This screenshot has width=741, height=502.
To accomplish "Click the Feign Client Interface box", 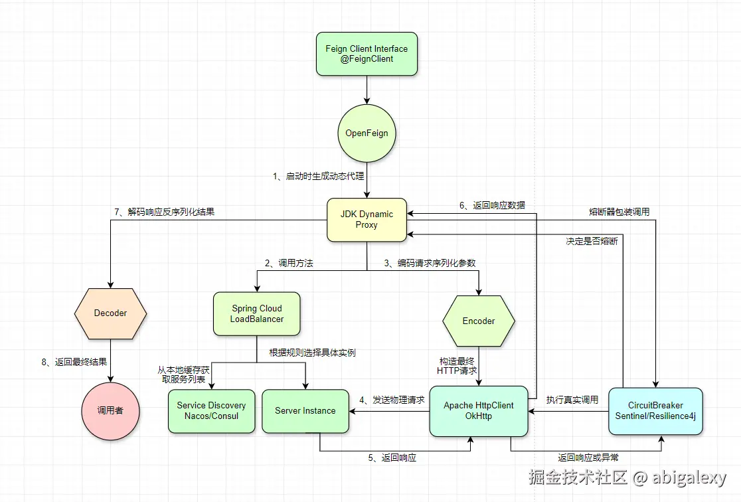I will click(367, 54).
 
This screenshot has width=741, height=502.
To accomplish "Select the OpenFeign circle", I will click(367, 133).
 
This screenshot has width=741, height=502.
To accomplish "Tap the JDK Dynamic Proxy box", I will click(367, 219).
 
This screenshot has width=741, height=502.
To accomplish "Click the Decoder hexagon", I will click(110, 313).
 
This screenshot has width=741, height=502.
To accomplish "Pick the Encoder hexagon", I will click(478, 321).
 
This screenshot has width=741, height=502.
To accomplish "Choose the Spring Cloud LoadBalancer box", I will click(256, 313).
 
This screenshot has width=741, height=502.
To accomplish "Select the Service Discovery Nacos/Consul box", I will click(211, 410).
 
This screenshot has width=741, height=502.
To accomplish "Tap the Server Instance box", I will click(305, 410).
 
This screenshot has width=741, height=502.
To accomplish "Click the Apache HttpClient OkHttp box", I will click(478, 410).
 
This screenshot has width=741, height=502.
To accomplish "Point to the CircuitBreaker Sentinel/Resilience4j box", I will click(655, 410).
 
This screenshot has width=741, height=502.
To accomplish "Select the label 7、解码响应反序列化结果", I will click(164, 212).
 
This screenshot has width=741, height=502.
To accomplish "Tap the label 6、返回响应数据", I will click(492, 205).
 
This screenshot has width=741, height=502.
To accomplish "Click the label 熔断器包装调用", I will click(619, 212).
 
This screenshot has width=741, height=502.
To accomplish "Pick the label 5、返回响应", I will click(392, 458).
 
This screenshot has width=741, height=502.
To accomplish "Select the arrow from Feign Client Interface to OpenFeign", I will click(367, 90).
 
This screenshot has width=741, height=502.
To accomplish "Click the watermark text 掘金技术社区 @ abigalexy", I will click(627, 477).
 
